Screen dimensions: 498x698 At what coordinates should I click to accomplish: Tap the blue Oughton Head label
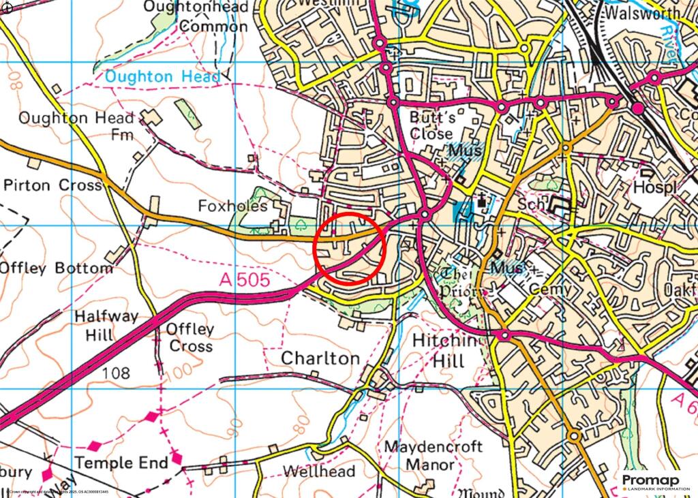click(162, 77)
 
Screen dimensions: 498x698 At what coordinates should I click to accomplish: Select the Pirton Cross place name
click(52, 185)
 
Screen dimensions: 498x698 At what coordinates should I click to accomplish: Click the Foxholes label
click(233, 206)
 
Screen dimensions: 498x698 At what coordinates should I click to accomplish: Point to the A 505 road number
click(245, 279)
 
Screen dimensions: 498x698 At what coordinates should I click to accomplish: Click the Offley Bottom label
click(57, 268)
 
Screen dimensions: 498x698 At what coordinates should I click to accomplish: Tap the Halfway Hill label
click(106, 326)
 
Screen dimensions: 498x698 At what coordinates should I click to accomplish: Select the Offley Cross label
click(191, 337)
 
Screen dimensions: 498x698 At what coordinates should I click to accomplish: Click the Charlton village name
click(320, 358)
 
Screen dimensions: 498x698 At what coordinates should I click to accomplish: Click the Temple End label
click(121, 463)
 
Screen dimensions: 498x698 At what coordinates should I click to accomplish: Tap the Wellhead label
click(319, 471)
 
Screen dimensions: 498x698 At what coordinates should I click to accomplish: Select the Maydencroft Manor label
click(434, 456)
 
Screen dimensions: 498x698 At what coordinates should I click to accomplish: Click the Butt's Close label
click(431, 125)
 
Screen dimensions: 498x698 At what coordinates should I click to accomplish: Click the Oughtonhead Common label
click(195, 17)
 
